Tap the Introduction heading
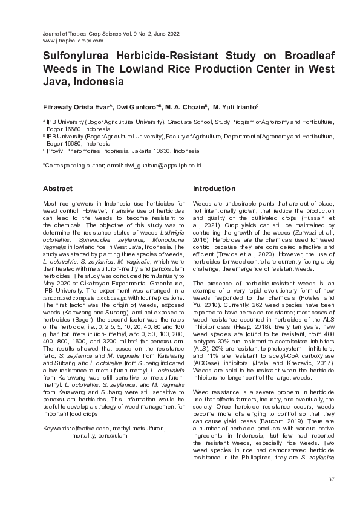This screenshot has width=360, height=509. pyautogui.click(x=214, y=189)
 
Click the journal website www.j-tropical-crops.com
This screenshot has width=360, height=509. pyautogui.click(x=73, y=41)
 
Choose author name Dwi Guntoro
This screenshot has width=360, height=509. pyautogui.click(x=140, y=106)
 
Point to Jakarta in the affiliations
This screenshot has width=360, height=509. pyautogui.click(x=145, y=151)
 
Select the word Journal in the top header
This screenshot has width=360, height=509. pyautogui.click(x=53, y=34)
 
